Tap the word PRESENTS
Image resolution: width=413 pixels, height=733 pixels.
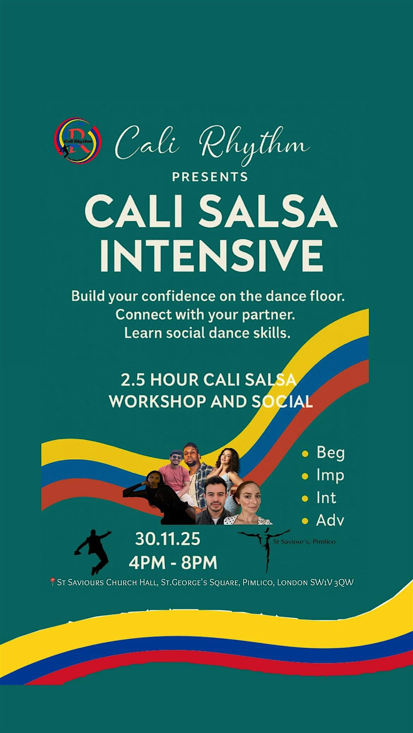210,177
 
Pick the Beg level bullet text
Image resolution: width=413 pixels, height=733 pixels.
330,453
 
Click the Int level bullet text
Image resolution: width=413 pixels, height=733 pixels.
326,498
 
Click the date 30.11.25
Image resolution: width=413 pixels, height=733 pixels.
168,539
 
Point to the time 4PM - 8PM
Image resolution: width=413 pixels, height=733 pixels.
173,562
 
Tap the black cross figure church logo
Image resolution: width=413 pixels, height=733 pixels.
264,548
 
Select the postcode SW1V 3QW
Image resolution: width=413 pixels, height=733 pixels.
331,582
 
